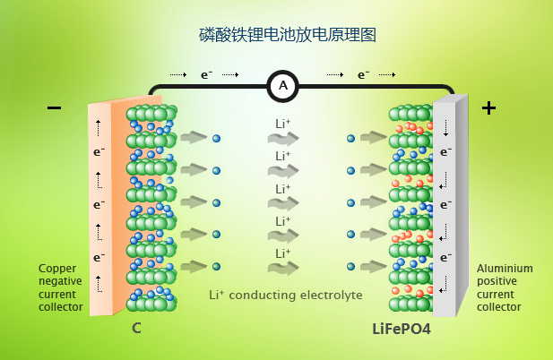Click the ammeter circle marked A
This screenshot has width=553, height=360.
click(x=283, y=86)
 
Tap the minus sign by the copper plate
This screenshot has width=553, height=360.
click(x=55, y=108)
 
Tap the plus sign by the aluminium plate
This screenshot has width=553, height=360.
click(x=488, y=108)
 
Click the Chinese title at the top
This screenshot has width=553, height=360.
click(x=286, y=36)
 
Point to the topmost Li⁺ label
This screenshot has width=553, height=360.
click(x=283, y=124)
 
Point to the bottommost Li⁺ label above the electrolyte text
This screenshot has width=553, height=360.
click(x=283, y=253)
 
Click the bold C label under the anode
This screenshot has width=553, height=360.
click(x=136, y=329)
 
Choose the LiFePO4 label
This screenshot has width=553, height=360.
click(x=402, y=329)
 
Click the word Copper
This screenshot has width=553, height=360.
click(x=56, y=268)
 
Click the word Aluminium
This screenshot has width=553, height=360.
click(x=505, y=268)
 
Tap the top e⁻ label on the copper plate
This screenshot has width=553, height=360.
click(x=99, y=152)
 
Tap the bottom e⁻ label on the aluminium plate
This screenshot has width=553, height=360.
click(x=445, y=257)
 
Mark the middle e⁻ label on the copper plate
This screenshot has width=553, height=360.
click(x=99, y=204)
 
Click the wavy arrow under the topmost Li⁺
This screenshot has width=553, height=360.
click(x=283, y=139)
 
